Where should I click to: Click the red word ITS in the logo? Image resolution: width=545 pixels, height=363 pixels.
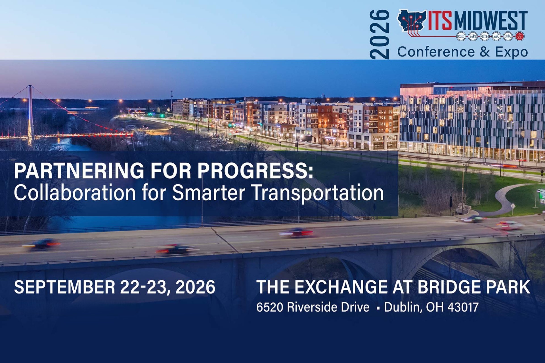[x=440, y=20]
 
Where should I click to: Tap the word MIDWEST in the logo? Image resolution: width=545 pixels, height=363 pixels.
[x=491, y=20]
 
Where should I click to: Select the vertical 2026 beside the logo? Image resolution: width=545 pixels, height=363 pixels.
[x=380, y=34]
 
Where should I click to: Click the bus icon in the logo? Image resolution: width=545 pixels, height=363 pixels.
[x=461, y=36]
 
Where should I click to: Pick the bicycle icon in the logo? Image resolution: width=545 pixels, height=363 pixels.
[x=508, y=36]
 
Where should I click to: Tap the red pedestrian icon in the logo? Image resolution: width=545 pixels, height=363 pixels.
[x=520, y=36]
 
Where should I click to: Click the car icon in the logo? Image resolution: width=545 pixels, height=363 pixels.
[x=485, y=36]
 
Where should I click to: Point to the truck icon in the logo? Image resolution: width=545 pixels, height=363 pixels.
[x=473, y=36]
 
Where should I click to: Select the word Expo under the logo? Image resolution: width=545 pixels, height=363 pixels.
[x=512, y=52]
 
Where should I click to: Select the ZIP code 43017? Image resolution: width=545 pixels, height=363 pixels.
[x=463, y=307]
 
